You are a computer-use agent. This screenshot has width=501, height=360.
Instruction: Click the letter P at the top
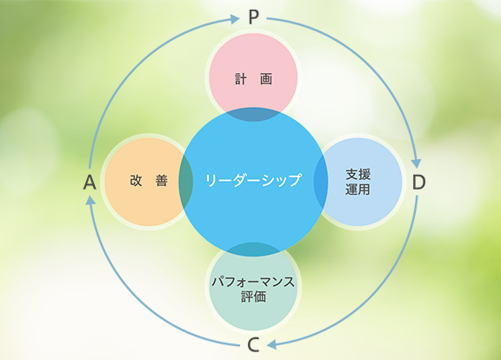pyautogui.click(x=253, y=17)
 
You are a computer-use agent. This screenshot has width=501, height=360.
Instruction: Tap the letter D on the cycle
pyautogui.click(x=419, y=182)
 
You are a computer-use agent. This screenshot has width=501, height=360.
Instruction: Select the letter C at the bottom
pyautogui.click(x=253, y=345)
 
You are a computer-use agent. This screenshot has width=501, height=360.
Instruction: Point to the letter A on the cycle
pyautogui.click(x=90, y=183)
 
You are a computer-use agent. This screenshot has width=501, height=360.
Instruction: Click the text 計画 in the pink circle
pyautogui.click(x=253, y=79)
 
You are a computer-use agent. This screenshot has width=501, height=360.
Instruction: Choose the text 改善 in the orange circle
pyautogui.click(x=149, y=181)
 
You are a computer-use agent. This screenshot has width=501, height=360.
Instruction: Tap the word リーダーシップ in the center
pyautogui.click(x=253, y=180)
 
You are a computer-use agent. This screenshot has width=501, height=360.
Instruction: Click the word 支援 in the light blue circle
pyautogui.click(x=357, y=175)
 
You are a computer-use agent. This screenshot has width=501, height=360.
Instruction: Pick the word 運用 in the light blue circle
pyautogui.click(x=357, y=189)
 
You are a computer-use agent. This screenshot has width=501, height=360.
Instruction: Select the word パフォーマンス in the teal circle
pyautogui.click(x=253, y=282)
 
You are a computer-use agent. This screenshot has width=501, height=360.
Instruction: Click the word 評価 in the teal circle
pyautogui.click(x=253, y=297)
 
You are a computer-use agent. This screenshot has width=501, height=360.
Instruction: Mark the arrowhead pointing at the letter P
pyautogui.click(x=235, y=19)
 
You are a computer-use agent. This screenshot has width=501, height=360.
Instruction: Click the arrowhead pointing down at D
pyautogui.click(x=416, y=163)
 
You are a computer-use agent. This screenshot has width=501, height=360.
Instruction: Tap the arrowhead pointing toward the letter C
pyautogui.click(x=271, y=344)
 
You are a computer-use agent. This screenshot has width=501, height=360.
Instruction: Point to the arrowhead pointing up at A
pyautogui.click(x=91, y=200)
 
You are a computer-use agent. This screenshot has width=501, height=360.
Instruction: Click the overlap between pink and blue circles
pyautogui.click(x=253, y=115)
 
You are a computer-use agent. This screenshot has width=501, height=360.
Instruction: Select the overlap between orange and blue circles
pyautogui.click(x=186, y=182)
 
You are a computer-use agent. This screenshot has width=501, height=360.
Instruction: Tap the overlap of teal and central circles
pyautogui.click(x=253, y=250)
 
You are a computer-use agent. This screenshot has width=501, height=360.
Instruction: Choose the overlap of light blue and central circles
pyautogui.click(x=321, y=182)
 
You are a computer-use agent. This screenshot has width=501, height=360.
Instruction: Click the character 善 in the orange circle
pyautogui.click(x=162, y=181)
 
